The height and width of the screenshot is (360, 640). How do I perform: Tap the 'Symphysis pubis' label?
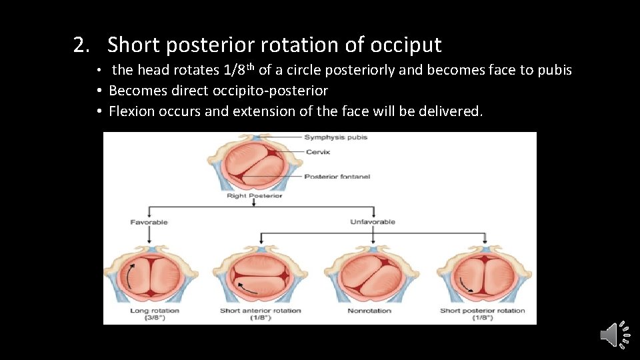pos(335,137)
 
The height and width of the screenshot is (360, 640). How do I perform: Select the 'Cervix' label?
pos(317,152)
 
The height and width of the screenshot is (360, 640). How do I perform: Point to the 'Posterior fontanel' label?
pos(337,177)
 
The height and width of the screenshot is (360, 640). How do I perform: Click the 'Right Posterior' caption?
pos(254,195)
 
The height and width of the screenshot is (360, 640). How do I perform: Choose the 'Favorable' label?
pos(149,222)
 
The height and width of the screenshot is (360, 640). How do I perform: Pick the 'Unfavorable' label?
pos(373,222)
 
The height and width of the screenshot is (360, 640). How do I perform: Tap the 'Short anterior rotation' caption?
pos(260,311)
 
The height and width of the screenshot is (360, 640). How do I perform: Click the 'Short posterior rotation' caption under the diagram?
pos(482,311)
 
